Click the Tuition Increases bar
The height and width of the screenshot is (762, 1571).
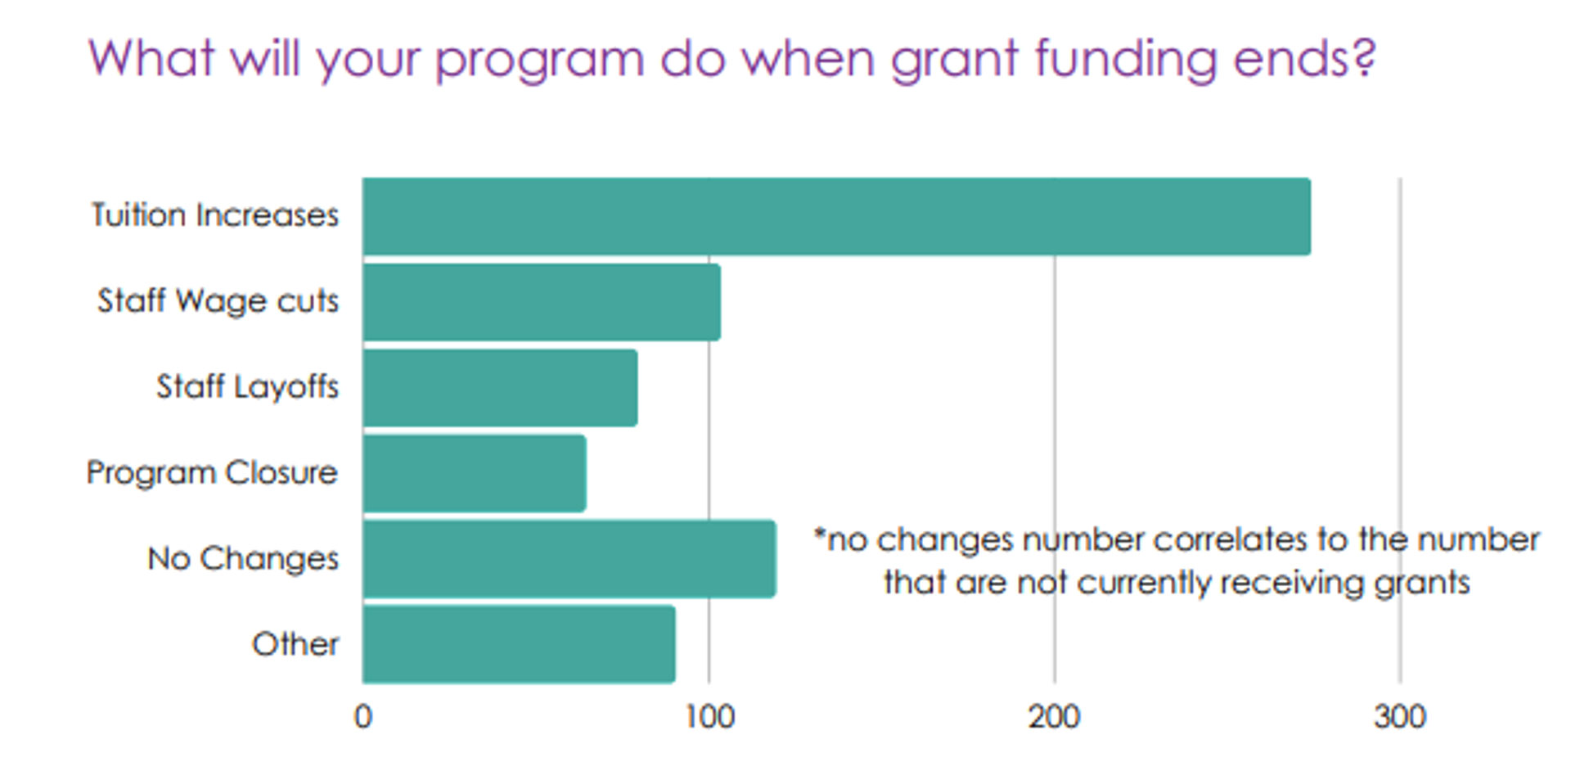coord(836,216)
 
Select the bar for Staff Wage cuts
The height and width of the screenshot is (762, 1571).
coord(542,302)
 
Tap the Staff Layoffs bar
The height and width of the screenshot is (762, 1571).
coord(500,388)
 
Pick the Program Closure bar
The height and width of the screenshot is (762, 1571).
coord(475,473)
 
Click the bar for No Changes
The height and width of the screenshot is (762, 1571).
coord(569,559)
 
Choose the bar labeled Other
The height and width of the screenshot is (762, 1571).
coord(519,644)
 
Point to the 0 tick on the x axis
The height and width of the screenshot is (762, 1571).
coord(363,717)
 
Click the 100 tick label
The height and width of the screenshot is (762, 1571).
coord(709,717)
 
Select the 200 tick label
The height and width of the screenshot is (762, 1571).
coord(1054,717)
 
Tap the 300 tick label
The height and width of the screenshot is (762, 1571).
coord(1400,717)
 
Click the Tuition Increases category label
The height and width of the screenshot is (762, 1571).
coord(214,215)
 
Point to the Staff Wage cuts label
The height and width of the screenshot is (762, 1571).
coord(218,301)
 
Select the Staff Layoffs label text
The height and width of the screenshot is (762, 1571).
coord(247,386)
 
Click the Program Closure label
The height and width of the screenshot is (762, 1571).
coord(212,473)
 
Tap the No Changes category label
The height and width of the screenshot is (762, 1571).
coord(243,558)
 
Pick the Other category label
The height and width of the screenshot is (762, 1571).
coord(295,644)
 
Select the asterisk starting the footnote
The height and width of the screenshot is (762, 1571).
coord(819,535)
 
